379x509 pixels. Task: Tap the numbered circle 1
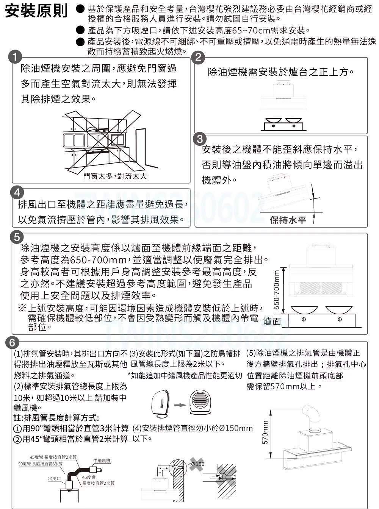pyautogui.click(x=15, y=58)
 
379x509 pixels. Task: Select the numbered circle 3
pyautogui.click(x=200, y=139)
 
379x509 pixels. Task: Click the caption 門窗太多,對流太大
pyautogui.click(x=115, y=176)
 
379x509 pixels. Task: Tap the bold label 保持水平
pyautogui.click(x=288, y=220)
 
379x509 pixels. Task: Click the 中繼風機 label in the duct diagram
pyautogui.click(x=102, y=461)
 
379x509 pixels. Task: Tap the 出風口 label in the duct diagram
pyautogui.click(x=54, y=479)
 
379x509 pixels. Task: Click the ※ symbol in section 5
pyautogui.click(x=22, y=308)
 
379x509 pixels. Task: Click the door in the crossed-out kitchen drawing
pyautogui.click(x=140, y=148)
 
